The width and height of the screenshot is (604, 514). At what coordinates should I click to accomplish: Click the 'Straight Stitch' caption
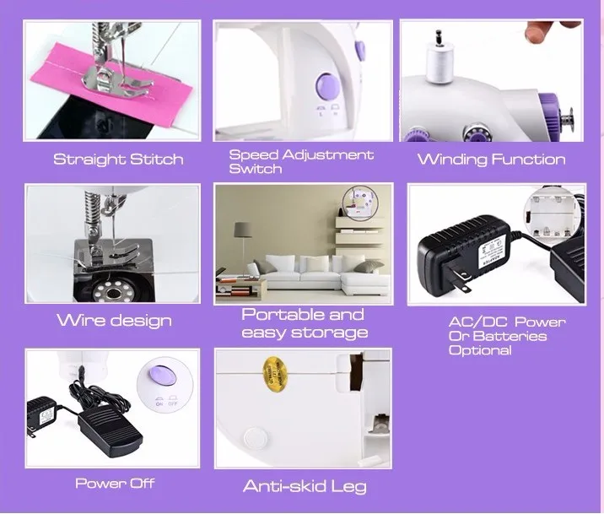(118, 160)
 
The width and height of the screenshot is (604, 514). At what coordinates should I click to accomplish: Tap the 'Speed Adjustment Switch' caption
(301, 161)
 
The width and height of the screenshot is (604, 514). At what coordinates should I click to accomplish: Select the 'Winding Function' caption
(491, 160)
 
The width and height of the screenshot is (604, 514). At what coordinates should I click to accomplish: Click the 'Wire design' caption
(114, 321)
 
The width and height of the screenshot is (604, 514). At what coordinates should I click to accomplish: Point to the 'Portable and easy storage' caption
(304, 322)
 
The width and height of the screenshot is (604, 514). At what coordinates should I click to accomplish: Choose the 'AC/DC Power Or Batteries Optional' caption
(506, 336)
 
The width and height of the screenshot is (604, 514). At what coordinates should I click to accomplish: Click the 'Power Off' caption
(115, 484)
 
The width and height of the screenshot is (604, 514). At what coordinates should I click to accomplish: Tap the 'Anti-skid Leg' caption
(305, 486)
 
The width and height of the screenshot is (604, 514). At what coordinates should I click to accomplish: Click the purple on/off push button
(161, 372)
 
